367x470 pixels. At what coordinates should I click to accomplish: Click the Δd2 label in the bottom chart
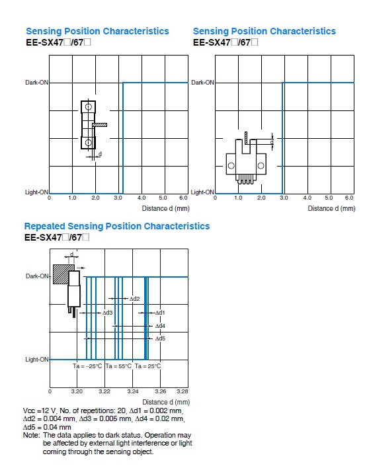(x=135, y=299)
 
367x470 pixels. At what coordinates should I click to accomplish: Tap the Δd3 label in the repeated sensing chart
(x=107, y=313)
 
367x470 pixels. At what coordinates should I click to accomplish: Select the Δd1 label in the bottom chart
(x=160, y=313)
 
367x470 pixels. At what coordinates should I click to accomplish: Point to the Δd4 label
(x=160, y=326)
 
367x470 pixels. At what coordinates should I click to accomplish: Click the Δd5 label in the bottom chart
(x=160, y=338)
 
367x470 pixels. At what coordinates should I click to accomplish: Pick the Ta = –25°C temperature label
(x=87, y=366)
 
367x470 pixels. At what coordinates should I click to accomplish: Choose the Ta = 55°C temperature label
(x=118, y=366)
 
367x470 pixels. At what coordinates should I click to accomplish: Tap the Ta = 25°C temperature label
(x=147, y=366)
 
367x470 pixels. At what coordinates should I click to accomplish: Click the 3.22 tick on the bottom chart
(x=104, y=391)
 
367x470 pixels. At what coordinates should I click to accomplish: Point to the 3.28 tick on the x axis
(x=183, y=391)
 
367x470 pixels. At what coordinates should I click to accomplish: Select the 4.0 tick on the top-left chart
(x=142, y=198)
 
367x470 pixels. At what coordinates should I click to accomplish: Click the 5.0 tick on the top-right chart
(x=329, y=198)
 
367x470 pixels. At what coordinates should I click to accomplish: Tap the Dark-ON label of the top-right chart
(x=203, y=83)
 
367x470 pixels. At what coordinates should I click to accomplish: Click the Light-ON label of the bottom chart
(x=37, y=359)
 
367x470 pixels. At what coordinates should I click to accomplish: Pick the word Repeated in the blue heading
(x=45, y=226)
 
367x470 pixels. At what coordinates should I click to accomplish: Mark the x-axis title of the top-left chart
(x=166, y=208)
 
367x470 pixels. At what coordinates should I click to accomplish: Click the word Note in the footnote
(x=30, y=435)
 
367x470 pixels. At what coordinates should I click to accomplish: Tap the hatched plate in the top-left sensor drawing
(x=100, y=125)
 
